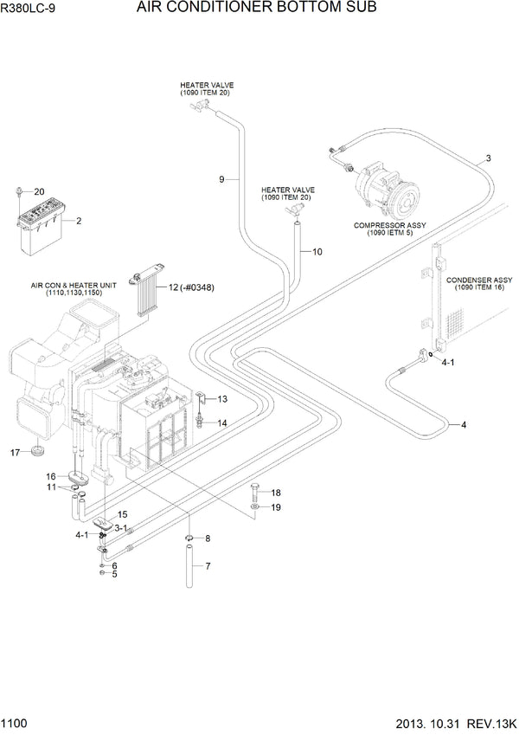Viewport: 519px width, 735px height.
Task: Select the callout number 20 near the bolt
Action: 38,190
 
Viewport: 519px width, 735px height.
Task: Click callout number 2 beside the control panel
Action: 79,221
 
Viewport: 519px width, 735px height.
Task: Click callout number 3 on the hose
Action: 488,158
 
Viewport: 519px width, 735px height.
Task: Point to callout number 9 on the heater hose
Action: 222,179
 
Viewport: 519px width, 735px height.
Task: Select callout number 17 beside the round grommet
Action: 15,452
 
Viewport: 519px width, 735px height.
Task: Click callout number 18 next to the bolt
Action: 276,493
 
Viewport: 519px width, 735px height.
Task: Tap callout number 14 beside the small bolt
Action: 222,423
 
